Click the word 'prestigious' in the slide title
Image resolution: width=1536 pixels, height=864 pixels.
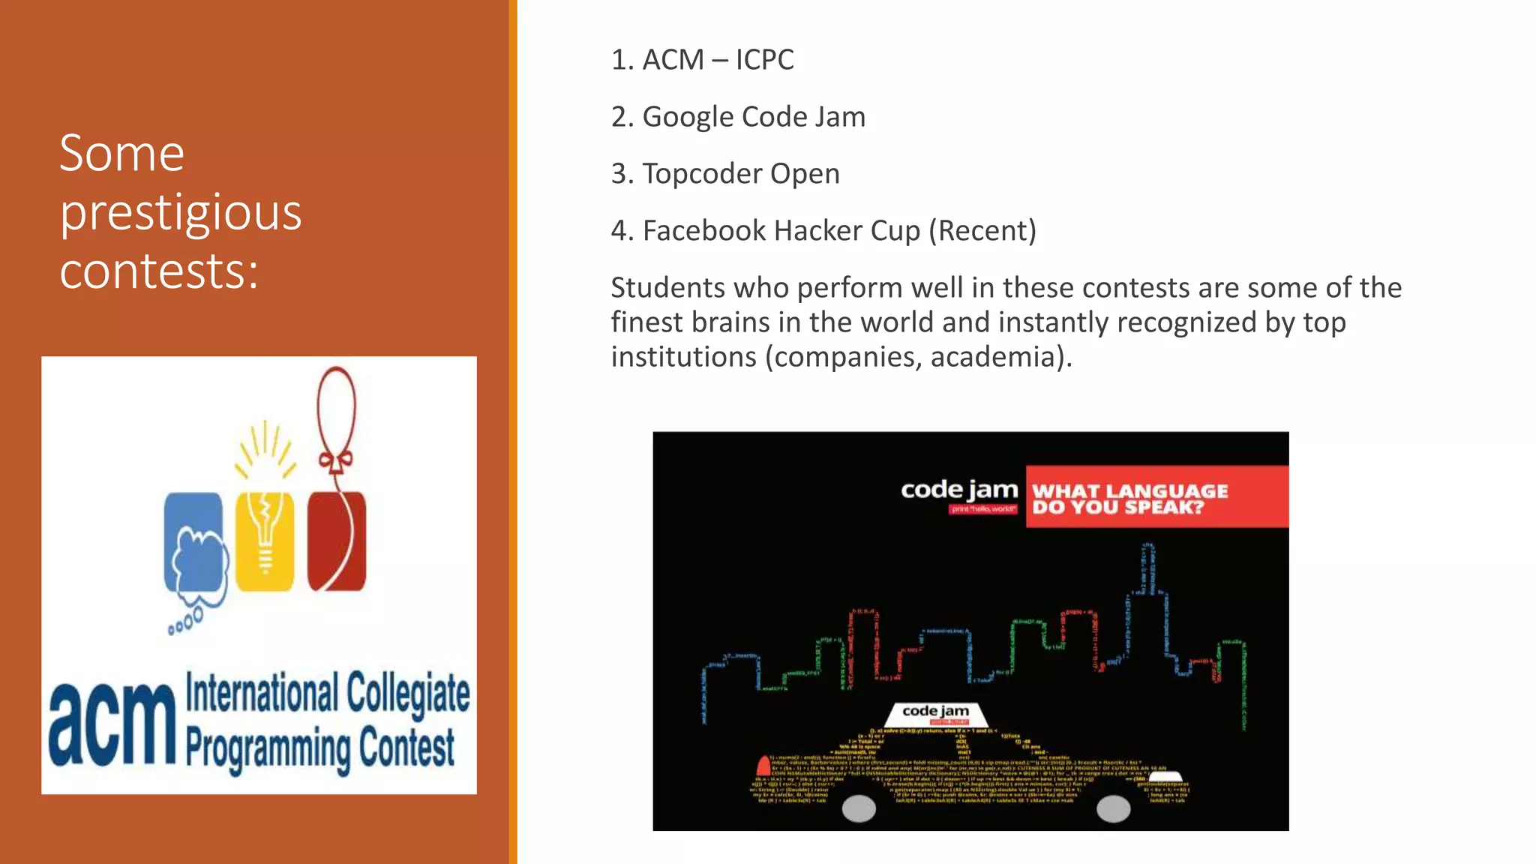coord(181,213)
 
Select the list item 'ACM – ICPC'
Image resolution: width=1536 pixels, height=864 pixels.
coord(702,60)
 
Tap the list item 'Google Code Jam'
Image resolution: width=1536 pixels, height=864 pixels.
coord(738,117)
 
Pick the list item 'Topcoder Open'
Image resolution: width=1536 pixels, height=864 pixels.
coord(725,174)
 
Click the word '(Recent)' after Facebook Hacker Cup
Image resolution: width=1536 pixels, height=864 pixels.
coord(982,231)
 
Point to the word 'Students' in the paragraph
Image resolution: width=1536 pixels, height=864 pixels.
coord(667,288)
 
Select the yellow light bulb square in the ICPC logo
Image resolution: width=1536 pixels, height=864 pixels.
coord(265,541)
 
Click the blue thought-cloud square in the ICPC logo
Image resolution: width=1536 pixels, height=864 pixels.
coord(193,541)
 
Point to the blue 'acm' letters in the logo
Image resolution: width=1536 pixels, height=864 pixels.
coord(112,724)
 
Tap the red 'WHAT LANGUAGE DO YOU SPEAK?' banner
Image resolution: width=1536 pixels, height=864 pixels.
coord(1156,497)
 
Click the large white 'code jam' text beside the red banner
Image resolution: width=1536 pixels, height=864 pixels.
coord(959,490)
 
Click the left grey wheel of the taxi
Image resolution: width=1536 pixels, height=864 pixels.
coord(859,808)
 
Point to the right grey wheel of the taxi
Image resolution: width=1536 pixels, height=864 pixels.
coord(1114,808)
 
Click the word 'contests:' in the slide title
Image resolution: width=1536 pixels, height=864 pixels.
coord(159,271)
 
